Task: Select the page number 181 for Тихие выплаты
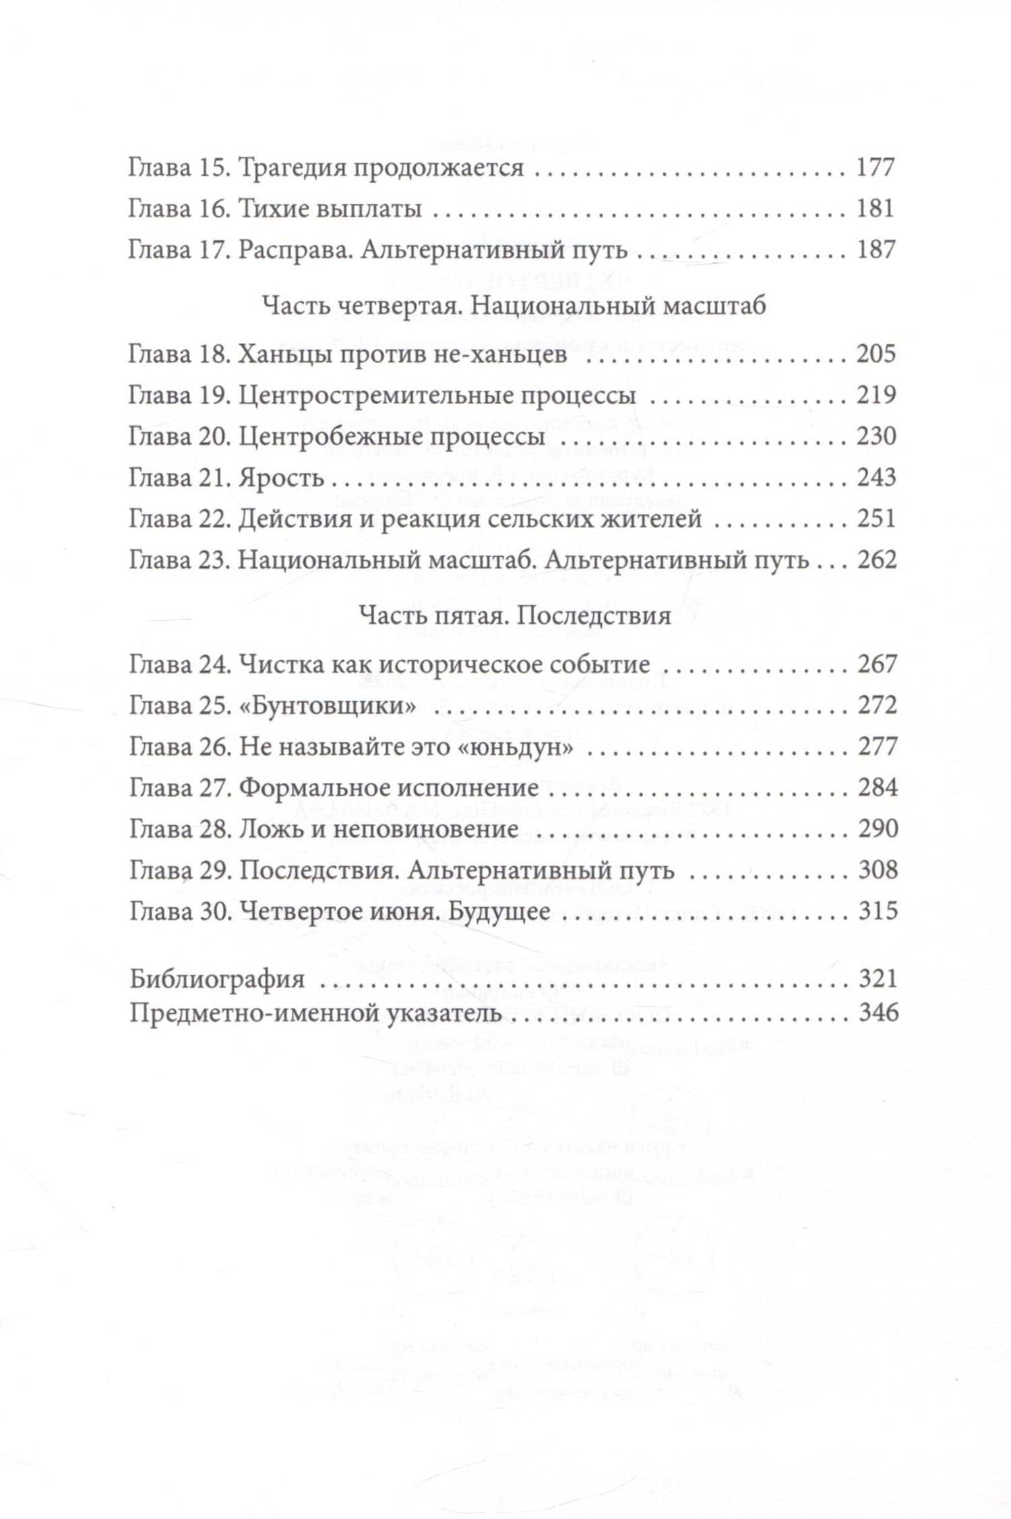point(875,209)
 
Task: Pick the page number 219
point(876,395)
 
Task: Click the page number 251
point(876,519)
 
